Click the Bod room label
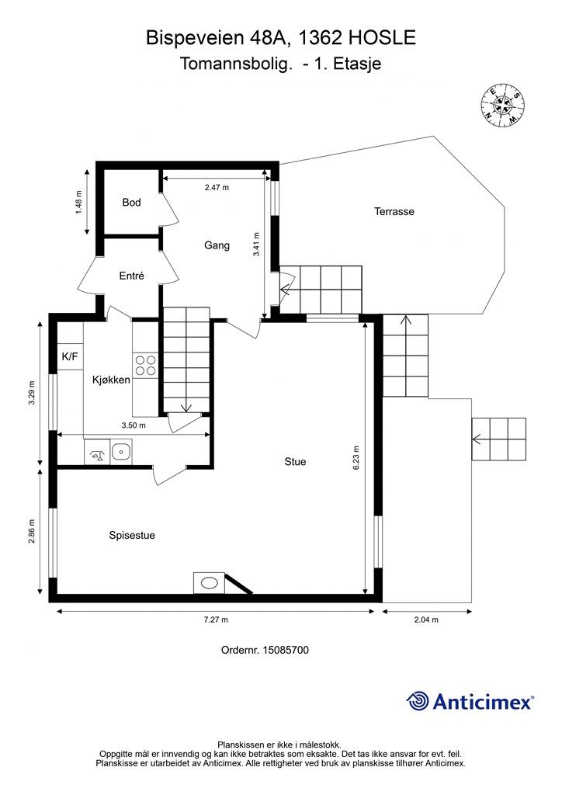[131, 203]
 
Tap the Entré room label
[132, 276]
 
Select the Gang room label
[217, 245]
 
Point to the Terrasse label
[394, 211]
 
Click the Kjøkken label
[111, 380]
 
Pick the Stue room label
[295, 461]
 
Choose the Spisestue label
[132, 536]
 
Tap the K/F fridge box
[70, 356]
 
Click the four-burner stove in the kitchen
[145, 366]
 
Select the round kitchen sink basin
[121, 450]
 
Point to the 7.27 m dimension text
[216, 620]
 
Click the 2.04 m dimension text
[426, 620]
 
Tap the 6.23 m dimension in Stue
[356, 458]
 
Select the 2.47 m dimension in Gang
[217, 188]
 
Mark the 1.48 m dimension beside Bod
[78, 203]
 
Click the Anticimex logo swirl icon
[418, 701]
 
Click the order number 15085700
[286, 650]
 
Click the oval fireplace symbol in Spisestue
[209, 583]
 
